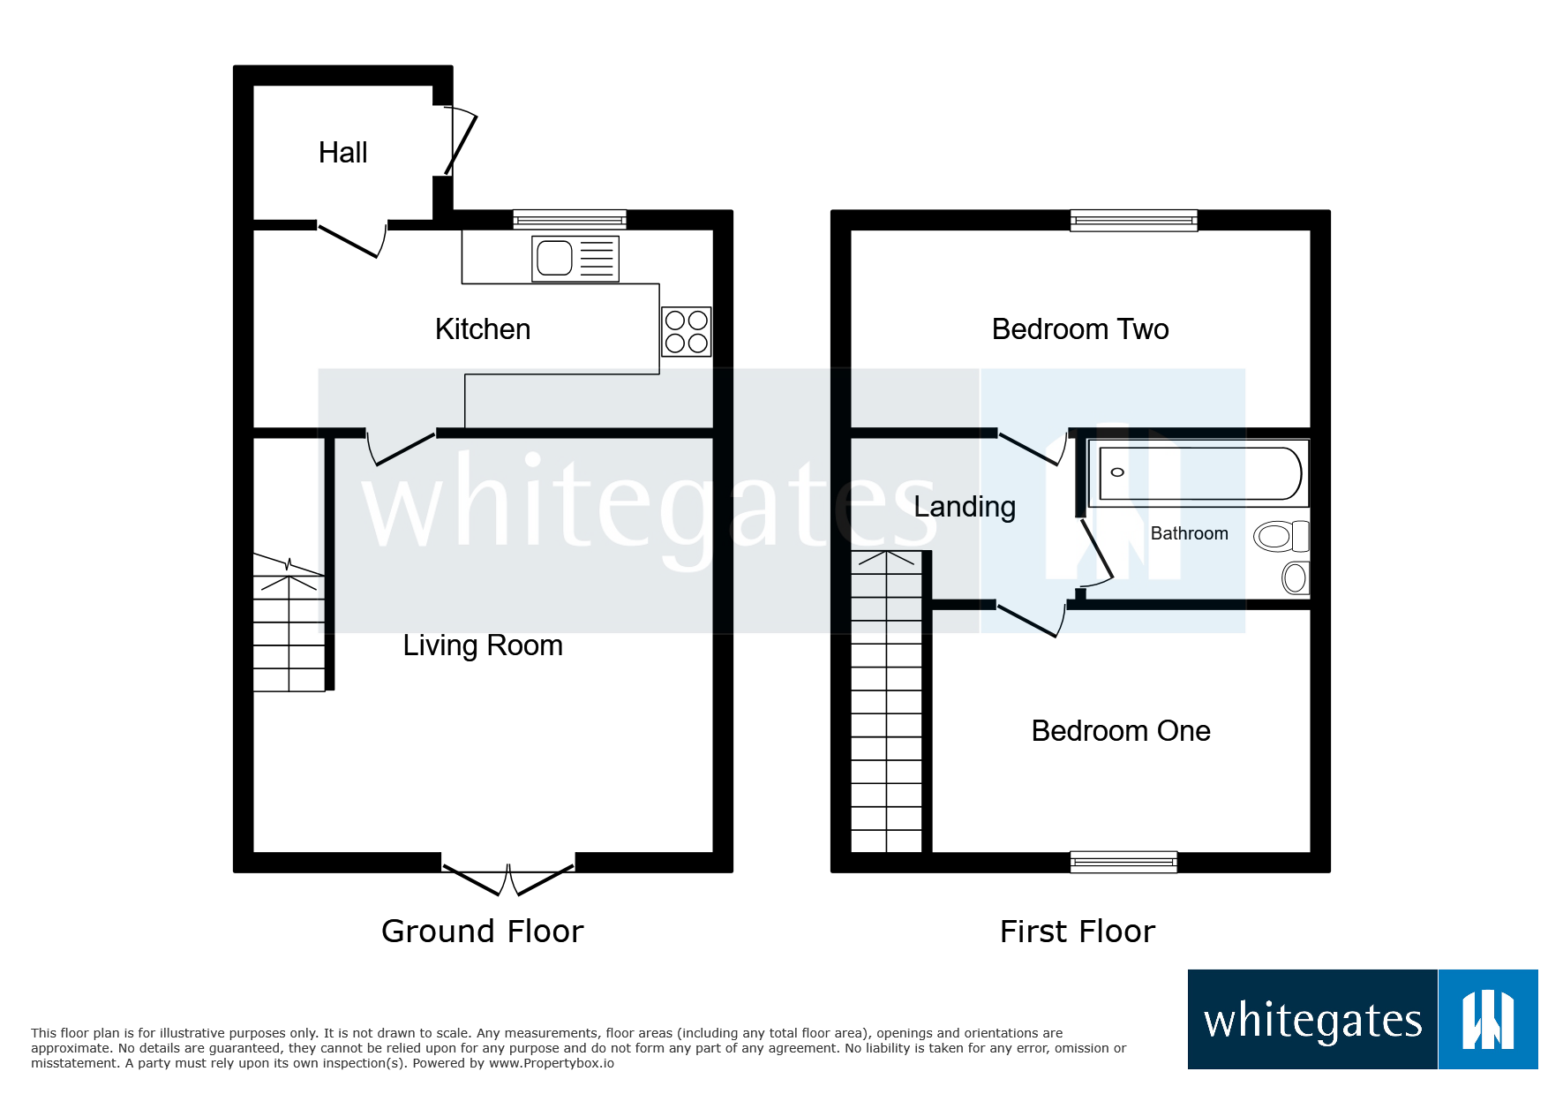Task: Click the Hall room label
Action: pyautogui.click(x=342, y=153)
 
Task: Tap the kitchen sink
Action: pyautogui.click(x=575, y=259)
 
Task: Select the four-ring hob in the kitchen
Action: pyautogui.click(x=687, y=331)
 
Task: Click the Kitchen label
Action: pyautogui.click(x=483, y=329)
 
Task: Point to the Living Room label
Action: pyautogui.click(x=483, y=645)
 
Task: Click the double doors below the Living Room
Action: pyautogui.click(x=508, y=878)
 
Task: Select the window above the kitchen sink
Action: pyautogui.click(x=569, y=219)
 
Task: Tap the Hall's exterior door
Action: pyautogui.click(x=459, y=141)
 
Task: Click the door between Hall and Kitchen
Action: pyautogui.click(x=351, y=238)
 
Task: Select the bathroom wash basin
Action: pyautogui.click(x=1295, y=578)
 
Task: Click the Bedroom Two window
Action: pyautogui.click(x=1133, y=220)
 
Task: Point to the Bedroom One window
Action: pyautogui.click(x=1123, y=861)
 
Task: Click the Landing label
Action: pyautogui.click(x=965, y=507)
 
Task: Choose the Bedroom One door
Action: pyautogui.click(x=1030, y=618)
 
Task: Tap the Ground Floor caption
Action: pyautogui.click(x=482, y=932)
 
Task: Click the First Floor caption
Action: pyautogui.click(x=1077, y=932)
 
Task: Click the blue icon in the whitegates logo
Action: pyautogui.click(x=1488, y=1020)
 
